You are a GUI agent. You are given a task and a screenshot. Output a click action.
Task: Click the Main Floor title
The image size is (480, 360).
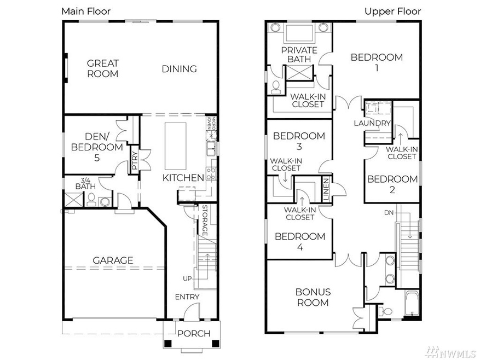86,11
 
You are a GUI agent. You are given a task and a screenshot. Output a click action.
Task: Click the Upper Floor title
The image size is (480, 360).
393,11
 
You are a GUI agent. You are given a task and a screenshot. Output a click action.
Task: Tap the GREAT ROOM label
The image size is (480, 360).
102,68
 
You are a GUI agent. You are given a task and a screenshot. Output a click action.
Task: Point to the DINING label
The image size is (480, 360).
180,68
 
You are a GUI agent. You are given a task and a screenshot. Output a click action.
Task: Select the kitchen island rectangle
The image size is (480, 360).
175,146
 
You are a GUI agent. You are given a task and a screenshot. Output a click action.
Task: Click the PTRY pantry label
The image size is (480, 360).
135,161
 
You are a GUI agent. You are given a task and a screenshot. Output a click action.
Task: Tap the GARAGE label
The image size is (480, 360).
113,260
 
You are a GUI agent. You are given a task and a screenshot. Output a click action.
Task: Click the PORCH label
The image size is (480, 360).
194,333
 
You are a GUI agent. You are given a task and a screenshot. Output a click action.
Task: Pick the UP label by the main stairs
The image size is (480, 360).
187,279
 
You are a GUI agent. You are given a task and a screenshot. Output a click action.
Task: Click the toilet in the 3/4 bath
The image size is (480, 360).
91,200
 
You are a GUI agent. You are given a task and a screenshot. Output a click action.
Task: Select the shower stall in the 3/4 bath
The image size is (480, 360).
73,199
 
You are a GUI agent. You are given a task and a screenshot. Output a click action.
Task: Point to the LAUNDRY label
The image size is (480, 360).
372,123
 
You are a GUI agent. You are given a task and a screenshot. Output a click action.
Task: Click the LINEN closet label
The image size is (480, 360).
326,190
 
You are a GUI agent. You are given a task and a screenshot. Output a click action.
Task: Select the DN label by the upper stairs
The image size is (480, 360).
389,212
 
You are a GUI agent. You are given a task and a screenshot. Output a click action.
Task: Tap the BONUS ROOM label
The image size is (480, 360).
313,297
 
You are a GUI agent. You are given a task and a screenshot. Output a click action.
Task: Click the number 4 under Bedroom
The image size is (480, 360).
300,247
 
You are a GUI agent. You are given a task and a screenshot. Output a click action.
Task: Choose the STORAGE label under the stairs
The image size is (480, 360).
205,220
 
